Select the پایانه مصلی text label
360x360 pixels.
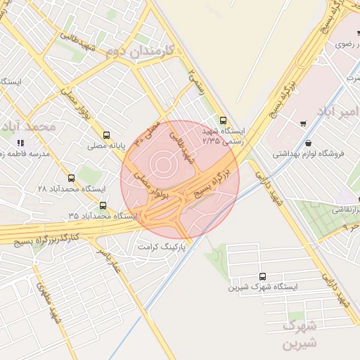pyautogui.click(x=105, y=146)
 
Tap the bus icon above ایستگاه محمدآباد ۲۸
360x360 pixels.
pyautogui.click(x=71, y=178)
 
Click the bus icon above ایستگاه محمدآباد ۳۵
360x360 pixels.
pyautogui.click(x=104, y=205)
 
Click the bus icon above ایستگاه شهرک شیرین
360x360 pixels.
pyautogui.click(x=263, y=276)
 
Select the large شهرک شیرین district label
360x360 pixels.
pyautogui.click(x=300, y=335)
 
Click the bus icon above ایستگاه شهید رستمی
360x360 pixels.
pyautogui.click(x=223, y=120)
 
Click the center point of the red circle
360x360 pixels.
pyautogui.click(x=180, y=180)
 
